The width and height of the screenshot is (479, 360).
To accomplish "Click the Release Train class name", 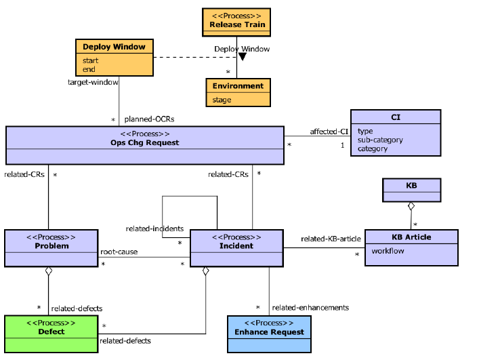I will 236,24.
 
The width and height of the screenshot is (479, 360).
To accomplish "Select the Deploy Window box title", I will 114,47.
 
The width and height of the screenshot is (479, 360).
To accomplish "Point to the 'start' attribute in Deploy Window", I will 91,60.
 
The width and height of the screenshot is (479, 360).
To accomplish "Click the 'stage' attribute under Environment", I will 222,100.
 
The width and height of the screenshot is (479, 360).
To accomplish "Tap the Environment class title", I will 238,86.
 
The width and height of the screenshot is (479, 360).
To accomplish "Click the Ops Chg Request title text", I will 144,142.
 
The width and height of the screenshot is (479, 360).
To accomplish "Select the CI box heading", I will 396,117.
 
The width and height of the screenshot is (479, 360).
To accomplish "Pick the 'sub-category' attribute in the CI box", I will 380,140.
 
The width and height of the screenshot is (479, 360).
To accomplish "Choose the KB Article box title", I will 411,237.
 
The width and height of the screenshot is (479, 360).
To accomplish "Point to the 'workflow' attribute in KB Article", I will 388,251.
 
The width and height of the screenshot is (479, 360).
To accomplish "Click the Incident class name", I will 236,246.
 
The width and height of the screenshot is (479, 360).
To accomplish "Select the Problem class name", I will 51,246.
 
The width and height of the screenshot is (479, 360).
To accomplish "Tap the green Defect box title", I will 51,332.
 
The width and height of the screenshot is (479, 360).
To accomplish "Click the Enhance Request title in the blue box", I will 270,332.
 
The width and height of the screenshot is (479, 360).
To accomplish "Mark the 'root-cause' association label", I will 119,252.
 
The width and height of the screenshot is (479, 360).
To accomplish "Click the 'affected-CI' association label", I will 329,132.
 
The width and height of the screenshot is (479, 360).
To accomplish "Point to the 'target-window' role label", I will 93,82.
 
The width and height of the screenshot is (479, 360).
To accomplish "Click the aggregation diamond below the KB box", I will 411,205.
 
